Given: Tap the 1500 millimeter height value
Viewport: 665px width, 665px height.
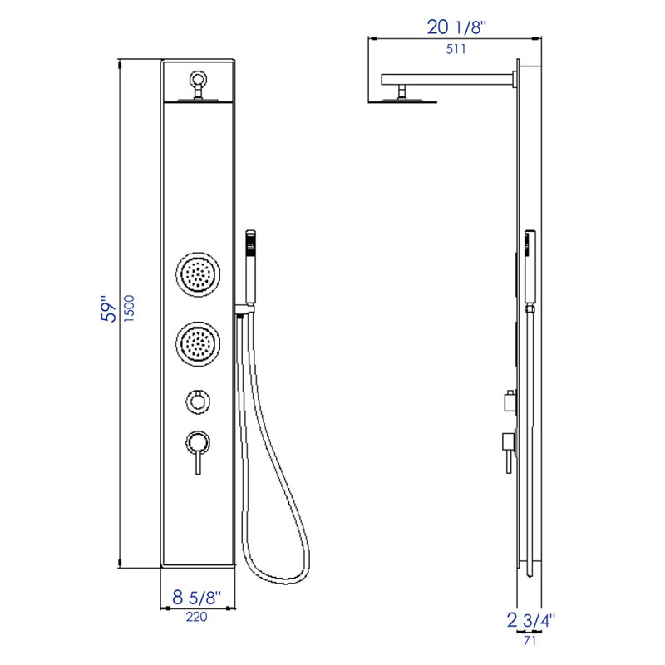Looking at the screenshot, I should click(131, 310).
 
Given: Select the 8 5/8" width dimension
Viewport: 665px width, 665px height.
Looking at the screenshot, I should click(196, 598).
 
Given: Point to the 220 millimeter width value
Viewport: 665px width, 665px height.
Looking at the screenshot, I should click(197, 617).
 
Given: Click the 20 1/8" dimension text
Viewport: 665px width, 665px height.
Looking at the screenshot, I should click(456, 27).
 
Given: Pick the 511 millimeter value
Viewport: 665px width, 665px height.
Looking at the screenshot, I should click(455, 48).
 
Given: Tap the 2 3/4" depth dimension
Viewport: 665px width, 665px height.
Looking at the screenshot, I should click(530, 619).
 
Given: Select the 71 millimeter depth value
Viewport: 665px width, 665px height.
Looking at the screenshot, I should click(529, 640).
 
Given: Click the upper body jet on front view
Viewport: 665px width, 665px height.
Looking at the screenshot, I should click(199, 273).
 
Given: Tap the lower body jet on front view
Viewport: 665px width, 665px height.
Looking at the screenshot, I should click(199, 342).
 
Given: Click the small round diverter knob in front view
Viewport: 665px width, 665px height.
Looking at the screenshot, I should click(198, 402).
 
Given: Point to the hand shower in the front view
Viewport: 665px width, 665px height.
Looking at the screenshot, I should click(249, 270).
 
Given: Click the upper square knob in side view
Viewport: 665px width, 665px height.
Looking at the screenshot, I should click(508, 402).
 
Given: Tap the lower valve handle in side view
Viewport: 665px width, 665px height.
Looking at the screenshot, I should click(506, 445).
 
